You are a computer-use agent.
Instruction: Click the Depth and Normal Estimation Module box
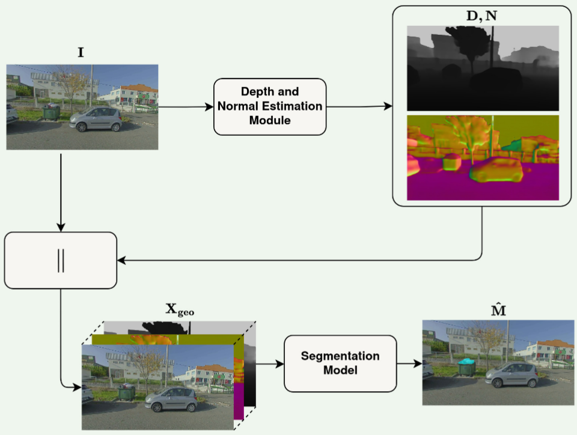coord(270,106)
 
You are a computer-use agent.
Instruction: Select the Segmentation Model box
coord(340,364)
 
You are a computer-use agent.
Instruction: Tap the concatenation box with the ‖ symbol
coord(60,260)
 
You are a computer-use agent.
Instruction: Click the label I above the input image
coord(81,53)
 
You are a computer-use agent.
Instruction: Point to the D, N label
coord(482,15)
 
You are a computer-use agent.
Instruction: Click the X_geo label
coord(180,311)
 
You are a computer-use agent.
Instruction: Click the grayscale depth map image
coord(483,68)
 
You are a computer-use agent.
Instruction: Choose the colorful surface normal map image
coord(483,157)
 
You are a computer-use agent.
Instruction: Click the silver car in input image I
coord(96,118)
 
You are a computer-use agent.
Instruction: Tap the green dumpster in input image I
coord(51,112)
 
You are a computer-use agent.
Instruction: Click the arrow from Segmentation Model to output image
coord(409,364)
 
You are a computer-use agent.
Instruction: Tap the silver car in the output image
coord(511,376)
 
